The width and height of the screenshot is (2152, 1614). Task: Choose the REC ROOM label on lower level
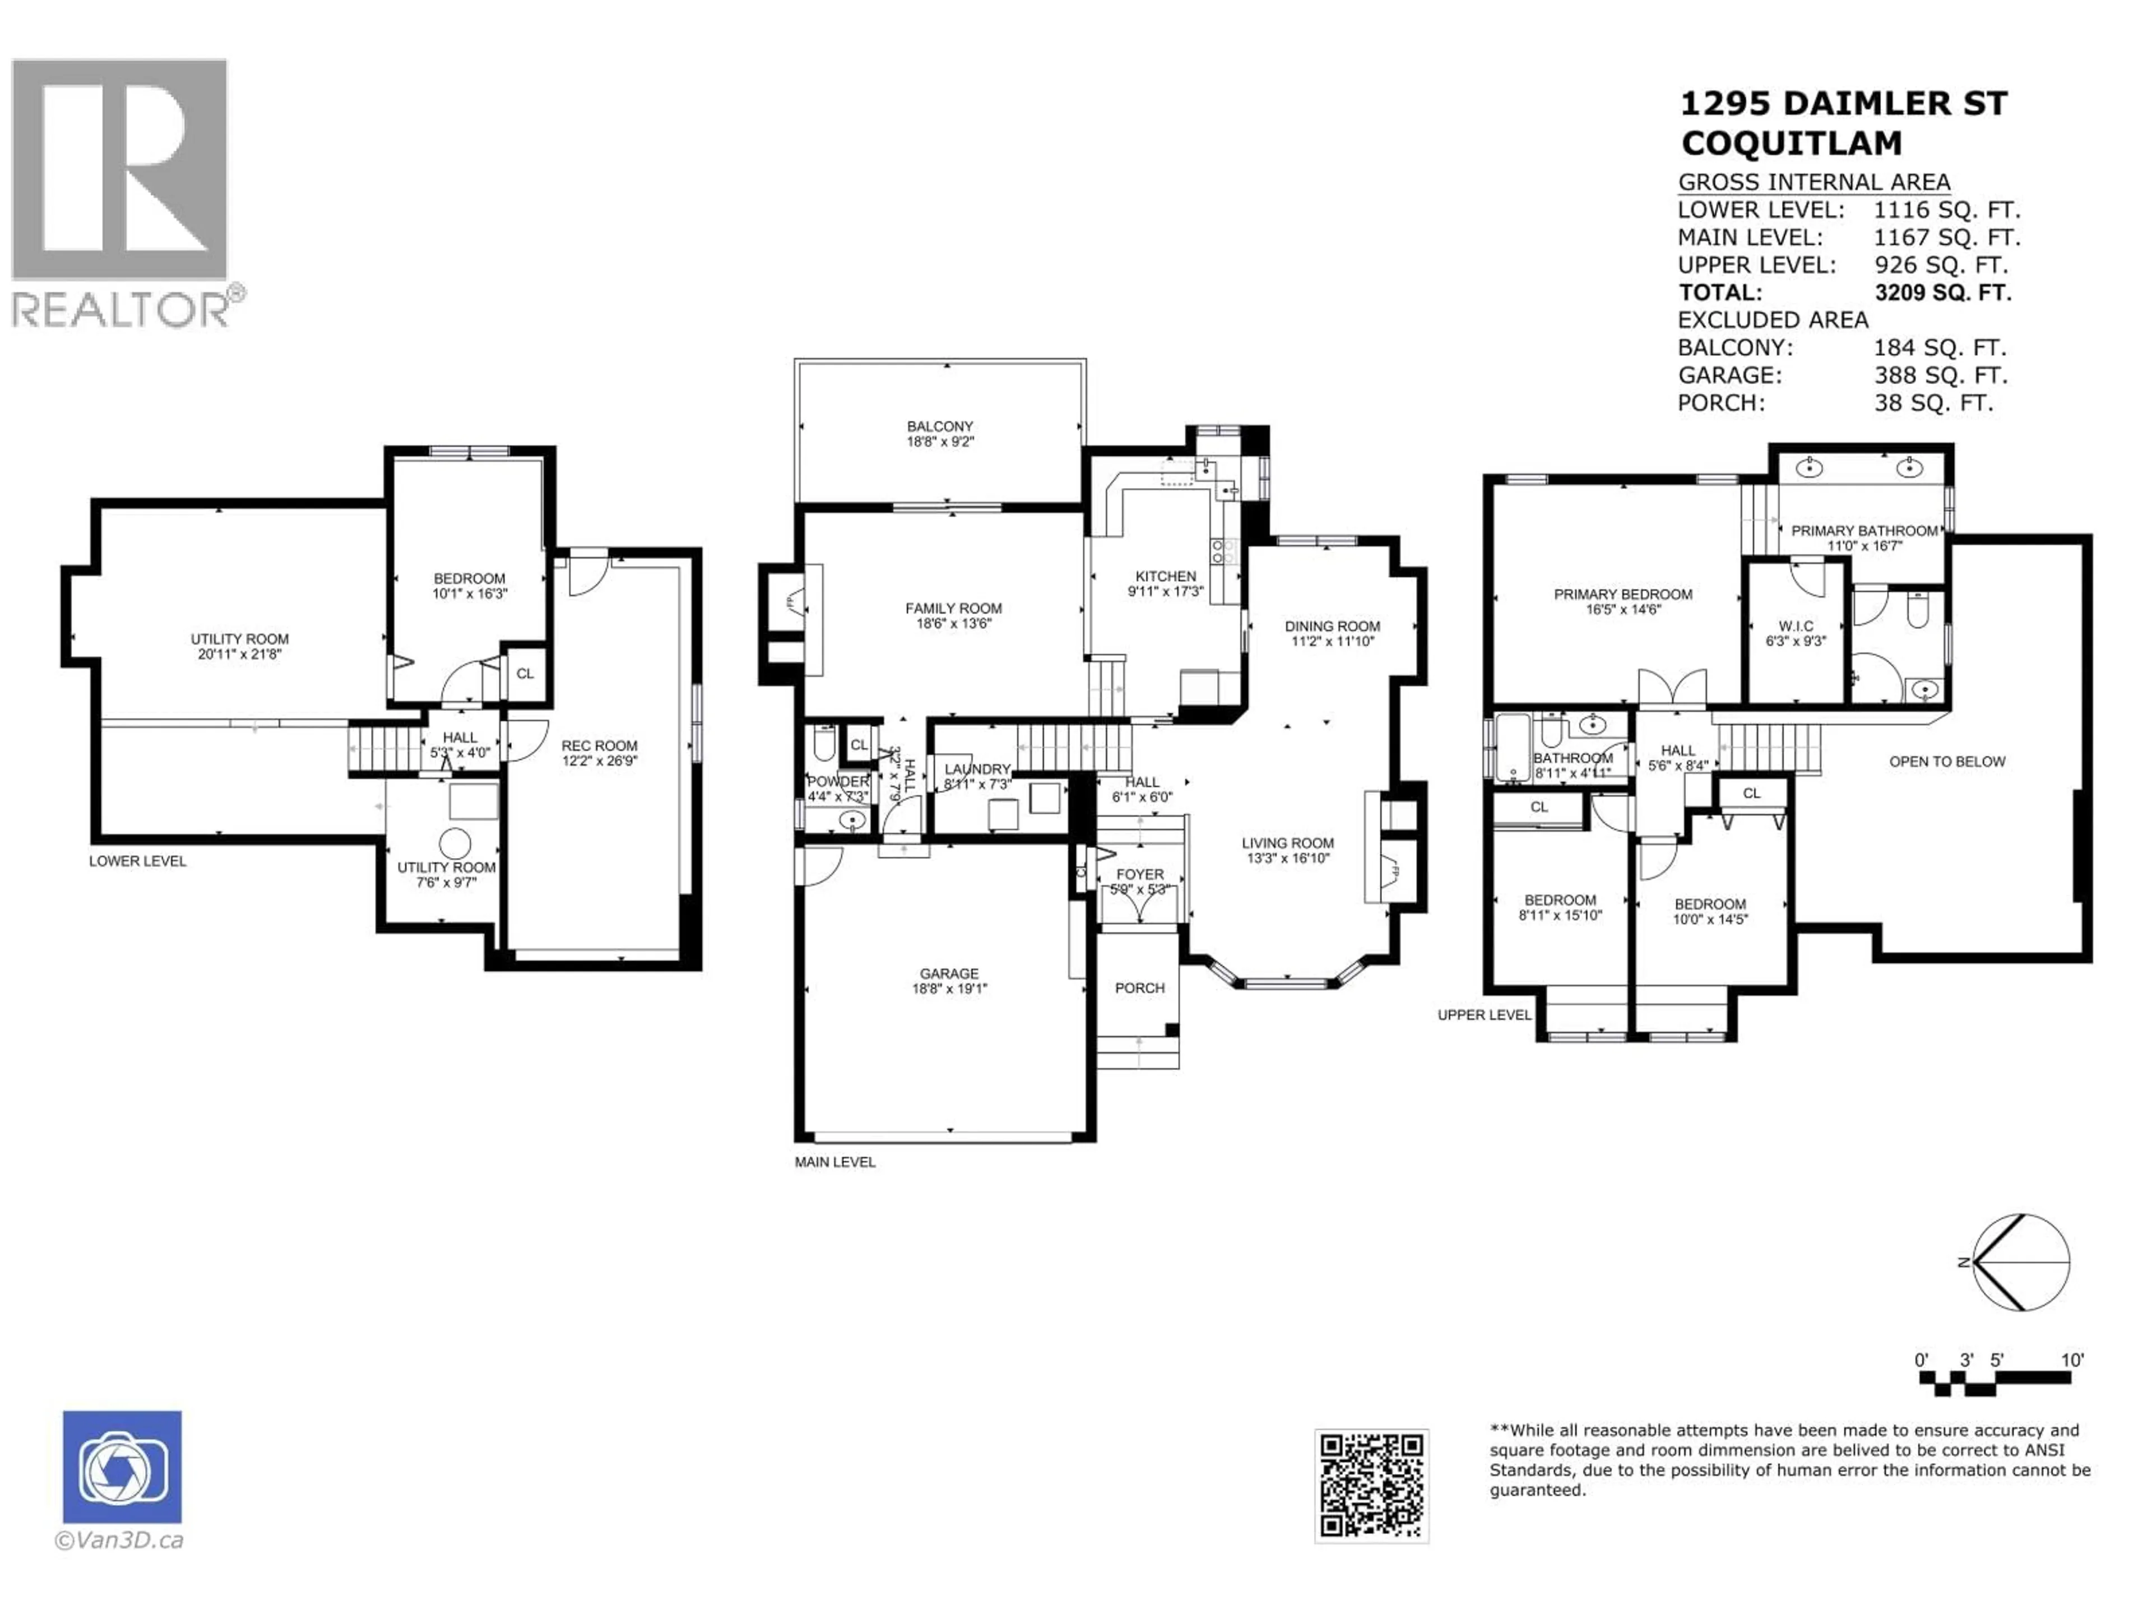point(599,752)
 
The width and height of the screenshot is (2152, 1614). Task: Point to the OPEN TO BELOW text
point(1947,762)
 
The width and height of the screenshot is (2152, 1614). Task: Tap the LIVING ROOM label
point(1287,850)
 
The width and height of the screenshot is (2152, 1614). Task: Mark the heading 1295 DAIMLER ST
point(1844,103)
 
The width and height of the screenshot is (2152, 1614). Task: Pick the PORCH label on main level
point(1139,987)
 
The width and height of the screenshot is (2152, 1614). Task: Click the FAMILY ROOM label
point(953,615)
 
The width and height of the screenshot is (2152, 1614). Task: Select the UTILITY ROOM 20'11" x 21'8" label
point(239,646)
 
